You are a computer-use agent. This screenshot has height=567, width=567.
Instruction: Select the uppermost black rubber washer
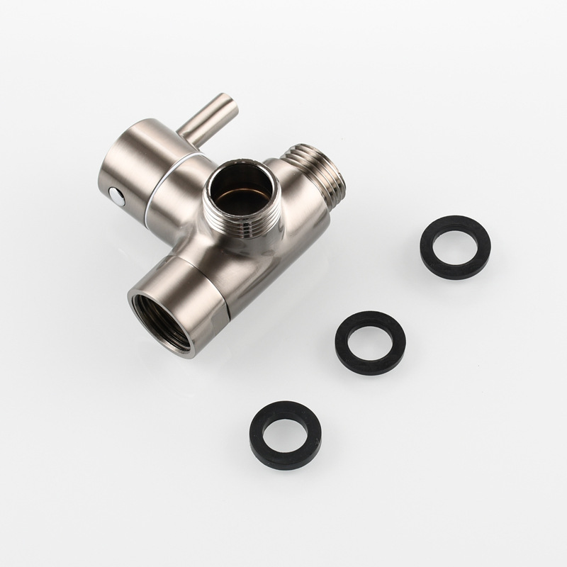455,247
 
